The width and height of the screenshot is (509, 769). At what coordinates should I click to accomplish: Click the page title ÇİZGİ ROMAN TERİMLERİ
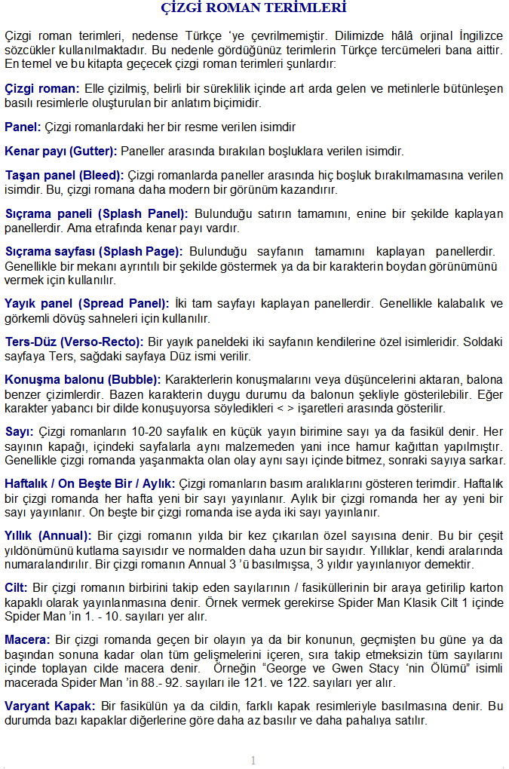point(254,9)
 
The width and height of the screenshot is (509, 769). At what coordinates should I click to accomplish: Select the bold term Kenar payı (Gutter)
point(61,150)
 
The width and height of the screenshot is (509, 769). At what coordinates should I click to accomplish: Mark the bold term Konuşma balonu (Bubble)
point(83,379)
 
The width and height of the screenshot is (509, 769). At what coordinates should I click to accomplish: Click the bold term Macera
point(27,639)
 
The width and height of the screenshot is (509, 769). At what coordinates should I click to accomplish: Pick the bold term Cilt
point(17,587)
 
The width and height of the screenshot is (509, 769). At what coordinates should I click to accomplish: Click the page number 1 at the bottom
point(253,760)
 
